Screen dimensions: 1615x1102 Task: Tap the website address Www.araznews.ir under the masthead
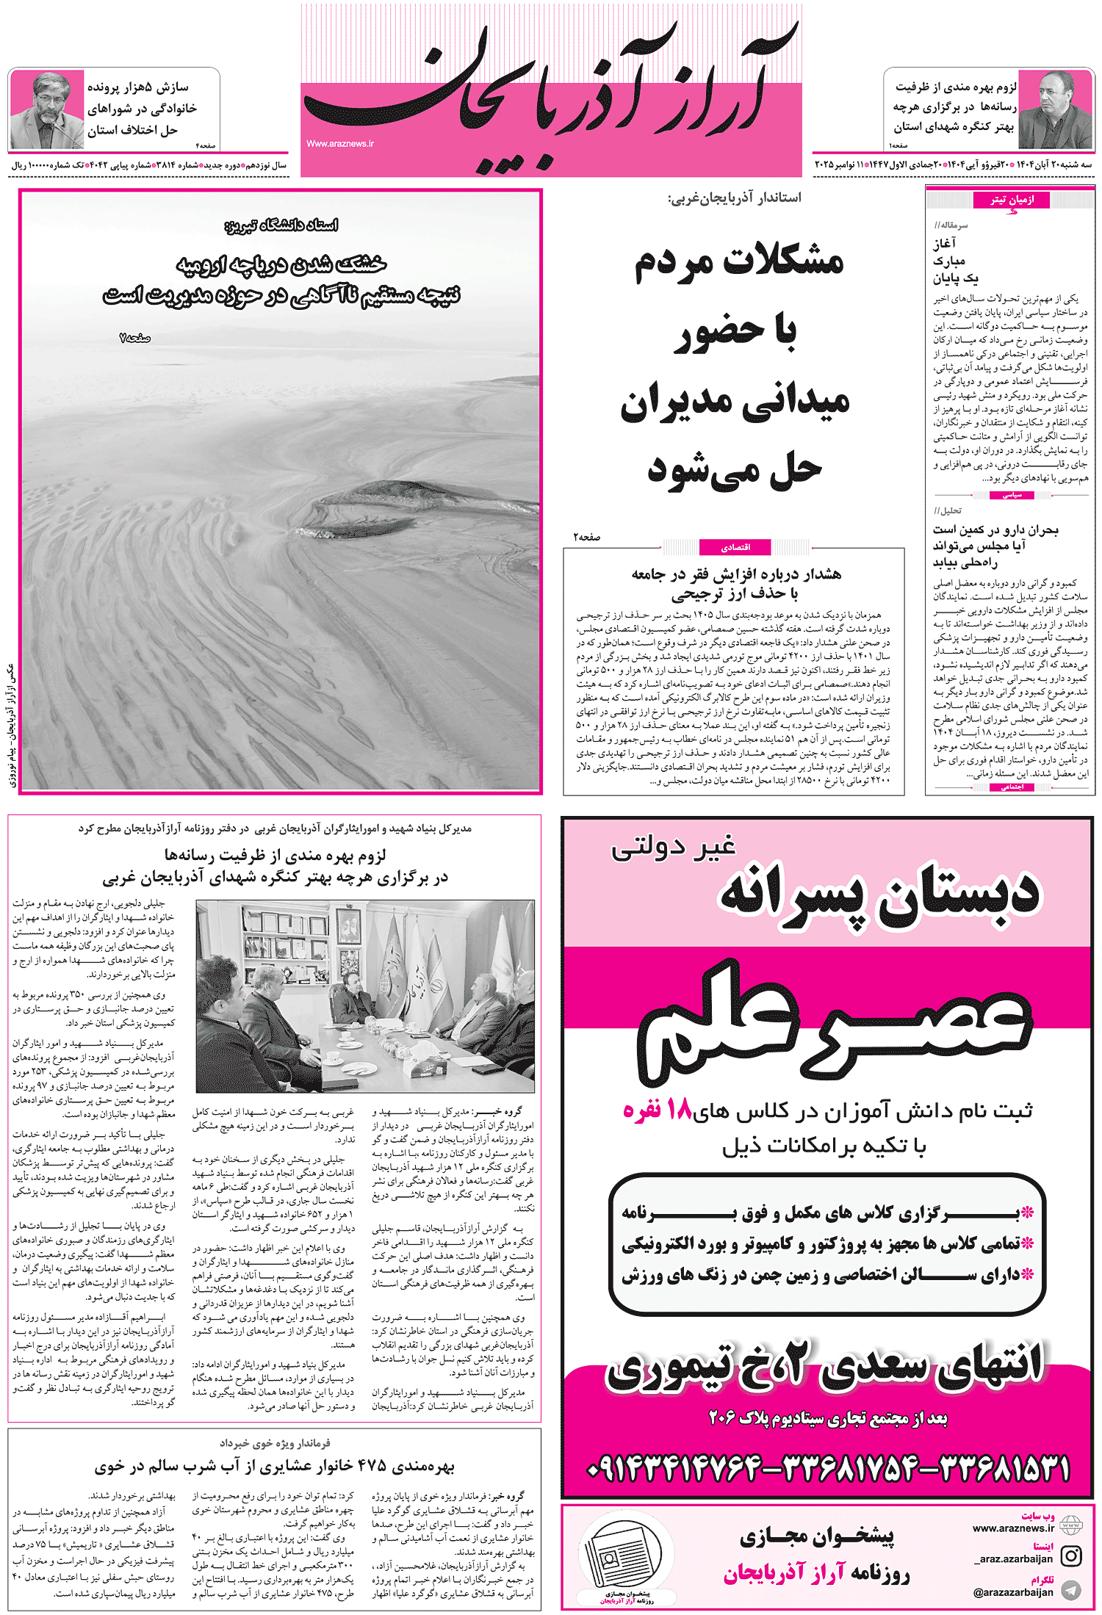click(x=340, y=144)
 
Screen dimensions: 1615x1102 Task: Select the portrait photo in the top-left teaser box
click(x=46, y=110)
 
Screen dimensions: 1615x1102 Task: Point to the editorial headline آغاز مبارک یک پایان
click(x=956, y=261)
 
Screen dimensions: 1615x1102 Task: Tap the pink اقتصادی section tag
click(x=735, y=547)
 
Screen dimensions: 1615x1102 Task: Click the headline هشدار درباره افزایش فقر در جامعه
click(x=736, y=574)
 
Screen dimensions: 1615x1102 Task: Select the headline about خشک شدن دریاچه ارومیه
click(x=282, y=280)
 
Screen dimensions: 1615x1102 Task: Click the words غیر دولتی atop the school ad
click(x=673, y=848)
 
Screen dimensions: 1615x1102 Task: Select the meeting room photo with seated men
click(x=365, y=997)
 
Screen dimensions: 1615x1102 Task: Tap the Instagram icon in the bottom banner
click(x=1071, y=1556)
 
